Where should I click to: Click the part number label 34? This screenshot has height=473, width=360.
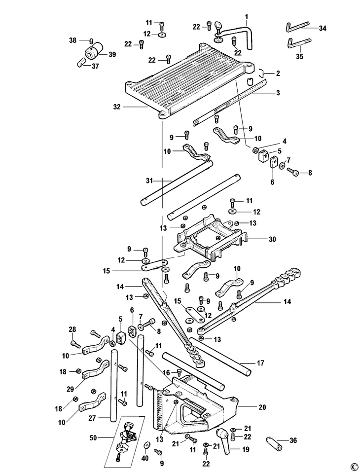[x=323, y=29]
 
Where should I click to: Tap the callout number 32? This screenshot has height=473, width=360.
[x=117, y=107]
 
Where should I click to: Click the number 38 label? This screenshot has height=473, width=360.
[x=73, y=40]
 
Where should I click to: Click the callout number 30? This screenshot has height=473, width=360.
[x=272, y=239]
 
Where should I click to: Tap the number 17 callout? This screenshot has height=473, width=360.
[x=260, y=363]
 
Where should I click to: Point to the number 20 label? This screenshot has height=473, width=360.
[x=262, y=407]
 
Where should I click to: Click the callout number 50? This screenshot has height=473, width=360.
[x=94, y=437]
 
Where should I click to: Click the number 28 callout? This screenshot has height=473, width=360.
[x=72, y=329]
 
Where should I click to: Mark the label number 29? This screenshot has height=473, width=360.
[x=70, y=390]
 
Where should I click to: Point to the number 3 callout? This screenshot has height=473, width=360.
[x=278, y=93]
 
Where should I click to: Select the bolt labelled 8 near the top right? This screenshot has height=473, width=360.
[x=292, y=172]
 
